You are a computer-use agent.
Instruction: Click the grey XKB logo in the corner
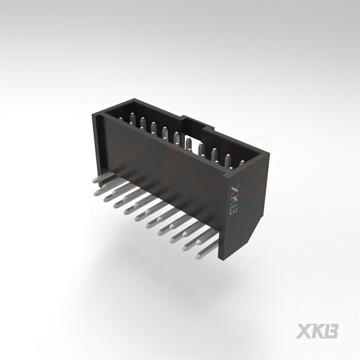tap(317, 331)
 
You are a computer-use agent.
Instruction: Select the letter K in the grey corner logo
tap(317, 331)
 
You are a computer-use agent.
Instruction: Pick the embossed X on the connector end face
tap(235, 189)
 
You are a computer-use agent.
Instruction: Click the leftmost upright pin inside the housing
tap(131, 118)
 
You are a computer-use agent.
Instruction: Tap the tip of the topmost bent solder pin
tap(96, 180)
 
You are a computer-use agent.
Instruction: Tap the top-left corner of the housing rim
tap(94, 114)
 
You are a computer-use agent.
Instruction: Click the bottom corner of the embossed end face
tap(222, 258)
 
